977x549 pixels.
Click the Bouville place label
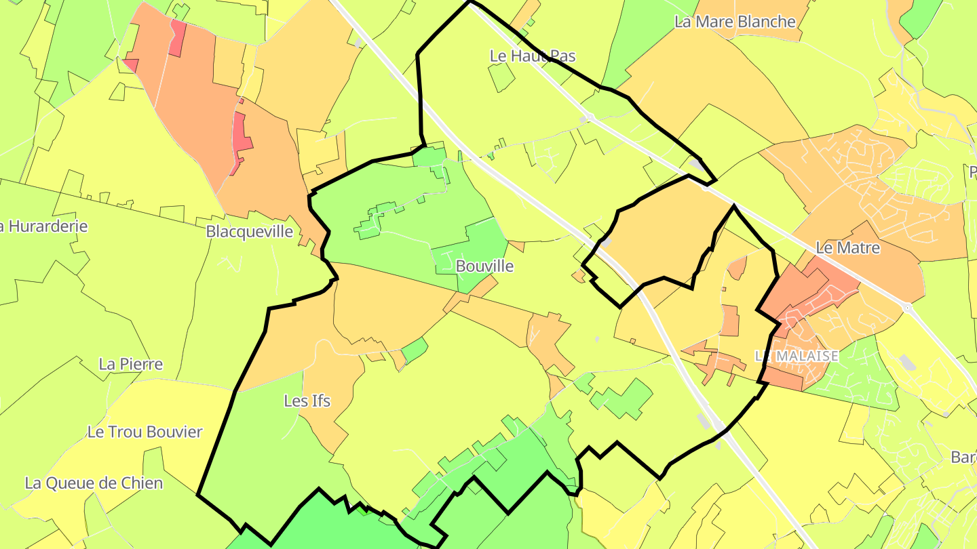(484, 266)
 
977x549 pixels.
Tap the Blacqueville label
(250, 232)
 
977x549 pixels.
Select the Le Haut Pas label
(533, 56)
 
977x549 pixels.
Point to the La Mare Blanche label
(735, 22)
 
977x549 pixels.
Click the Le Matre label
(847, 248)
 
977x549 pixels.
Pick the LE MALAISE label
(797, 356)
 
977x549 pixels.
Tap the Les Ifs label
(307, 401)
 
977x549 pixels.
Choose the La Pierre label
(131, 364)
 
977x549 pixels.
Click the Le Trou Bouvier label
(145, 432)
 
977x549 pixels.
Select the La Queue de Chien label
(94, 483)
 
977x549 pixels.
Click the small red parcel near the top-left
(177, 39)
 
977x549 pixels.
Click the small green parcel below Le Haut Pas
(501, 78)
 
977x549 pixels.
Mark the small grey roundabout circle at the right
(907, 308)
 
